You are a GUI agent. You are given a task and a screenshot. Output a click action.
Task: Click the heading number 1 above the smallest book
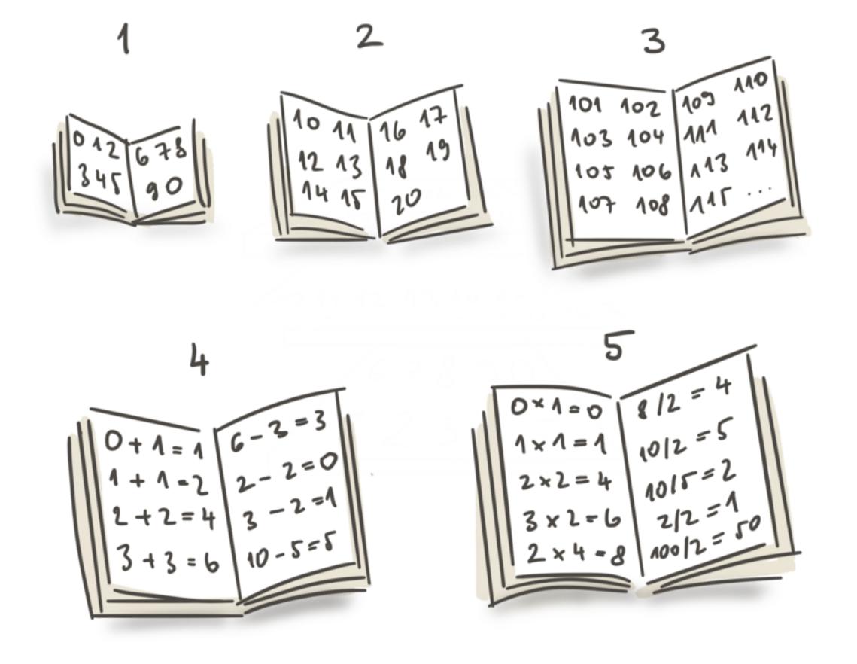click(126, 41)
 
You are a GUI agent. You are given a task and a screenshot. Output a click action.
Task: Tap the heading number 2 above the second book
click(369, 38)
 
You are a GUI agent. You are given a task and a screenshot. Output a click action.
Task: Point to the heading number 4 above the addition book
click(199, 359)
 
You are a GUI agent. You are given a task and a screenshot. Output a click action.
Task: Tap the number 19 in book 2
click(438, 151)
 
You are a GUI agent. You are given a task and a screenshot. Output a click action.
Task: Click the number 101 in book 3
click(585, 103)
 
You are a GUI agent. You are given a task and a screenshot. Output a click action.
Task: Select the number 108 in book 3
click(652, 206)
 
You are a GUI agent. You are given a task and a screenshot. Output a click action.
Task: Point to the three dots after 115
click(758, 191)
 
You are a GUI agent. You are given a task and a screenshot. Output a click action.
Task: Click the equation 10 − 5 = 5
click(290, 550)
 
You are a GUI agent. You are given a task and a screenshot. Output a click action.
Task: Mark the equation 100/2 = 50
click(704, 539)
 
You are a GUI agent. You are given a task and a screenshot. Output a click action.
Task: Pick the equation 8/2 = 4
click(684, 400)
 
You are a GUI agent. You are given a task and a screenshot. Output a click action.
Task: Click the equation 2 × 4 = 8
click(576, 555)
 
